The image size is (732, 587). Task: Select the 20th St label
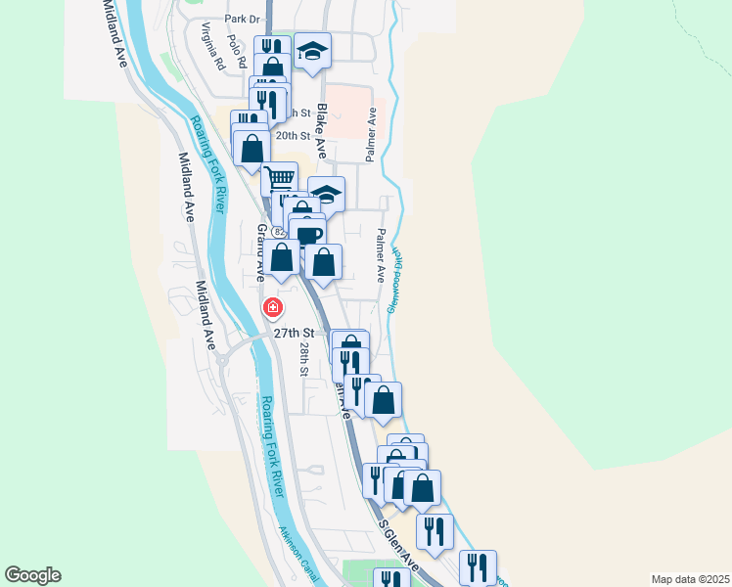pos(293,136)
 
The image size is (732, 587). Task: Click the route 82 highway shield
pos(279,232)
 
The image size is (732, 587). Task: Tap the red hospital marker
pos(272,308)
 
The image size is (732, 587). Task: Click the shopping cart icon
pos(279,179)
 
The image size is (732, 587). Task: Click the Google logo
pos(32,575)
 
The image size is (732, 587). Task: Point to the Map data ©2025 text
pos(690,579)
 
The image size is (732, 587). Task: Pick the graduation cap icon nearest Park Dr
pos(312,51)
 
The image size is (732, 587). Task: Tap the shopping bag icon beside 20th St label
pos(252,149)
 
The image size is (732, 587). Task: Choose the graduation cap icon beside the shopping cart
pos(327,194)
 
